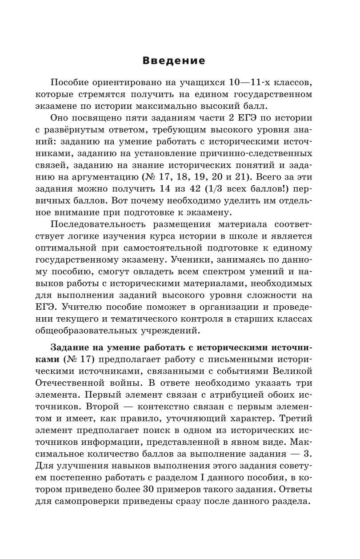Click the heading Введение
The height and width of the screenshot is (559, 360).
(174, 61)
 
